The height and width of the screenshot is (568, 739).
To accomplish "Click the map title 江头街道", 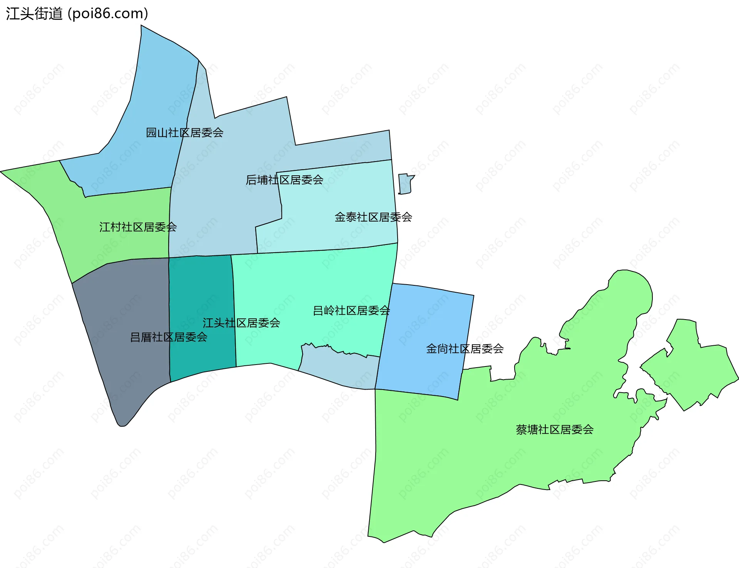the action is [x=34, y=14].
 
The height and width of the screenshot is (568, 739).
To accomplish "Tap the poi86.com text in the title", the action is [x=108, y=14].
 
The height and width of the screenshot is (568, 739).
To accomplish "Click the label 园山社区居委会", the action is [x=184, y=133].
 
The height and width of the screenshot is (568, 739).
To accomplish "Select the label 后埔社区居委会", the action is [x=284, y=180].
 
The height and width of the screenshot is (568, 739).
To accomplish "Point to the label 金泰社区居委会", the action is [x=373, y=217].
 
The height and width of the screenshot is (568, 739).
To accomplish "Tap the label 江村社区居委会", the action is [x=138, y=227].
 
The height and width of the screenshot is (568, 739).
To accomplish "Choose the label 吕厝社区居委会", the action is [x=169, y=337].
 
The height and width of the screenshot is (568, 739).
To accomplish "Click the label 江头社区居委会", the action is [x=241, y=323].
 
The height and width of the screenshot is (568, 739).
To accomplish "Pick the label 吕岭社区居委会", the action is [x=351, y=310].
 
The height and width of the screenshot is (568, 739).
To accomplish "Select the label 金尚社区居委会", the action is [x=465, y=349].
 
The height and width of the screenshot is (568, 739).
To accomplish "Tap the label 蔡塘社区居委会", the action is [x=555, y=430].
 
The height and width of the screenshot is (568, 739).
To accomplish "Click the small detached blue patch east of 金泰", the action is [x=405, y=184].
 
